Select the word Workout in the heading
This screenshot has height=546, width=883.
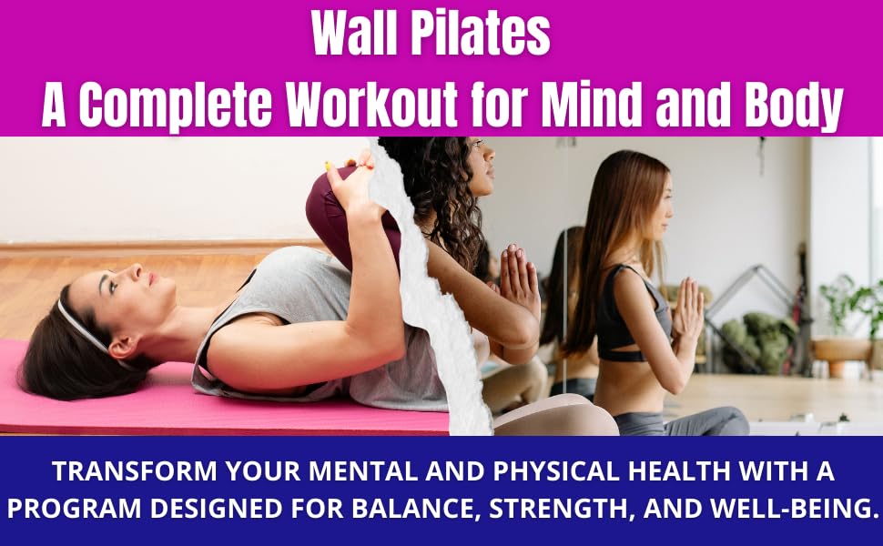point(372,106)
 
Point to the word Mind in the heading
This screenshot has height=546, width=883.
point(591,105)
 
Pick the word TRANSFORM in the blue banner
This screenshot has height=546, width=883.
point(135,471)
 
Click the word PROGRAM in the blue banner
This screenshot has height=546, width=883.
point(74,509)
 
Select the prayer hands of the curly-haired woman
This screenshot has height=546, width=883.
point(517,277)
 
